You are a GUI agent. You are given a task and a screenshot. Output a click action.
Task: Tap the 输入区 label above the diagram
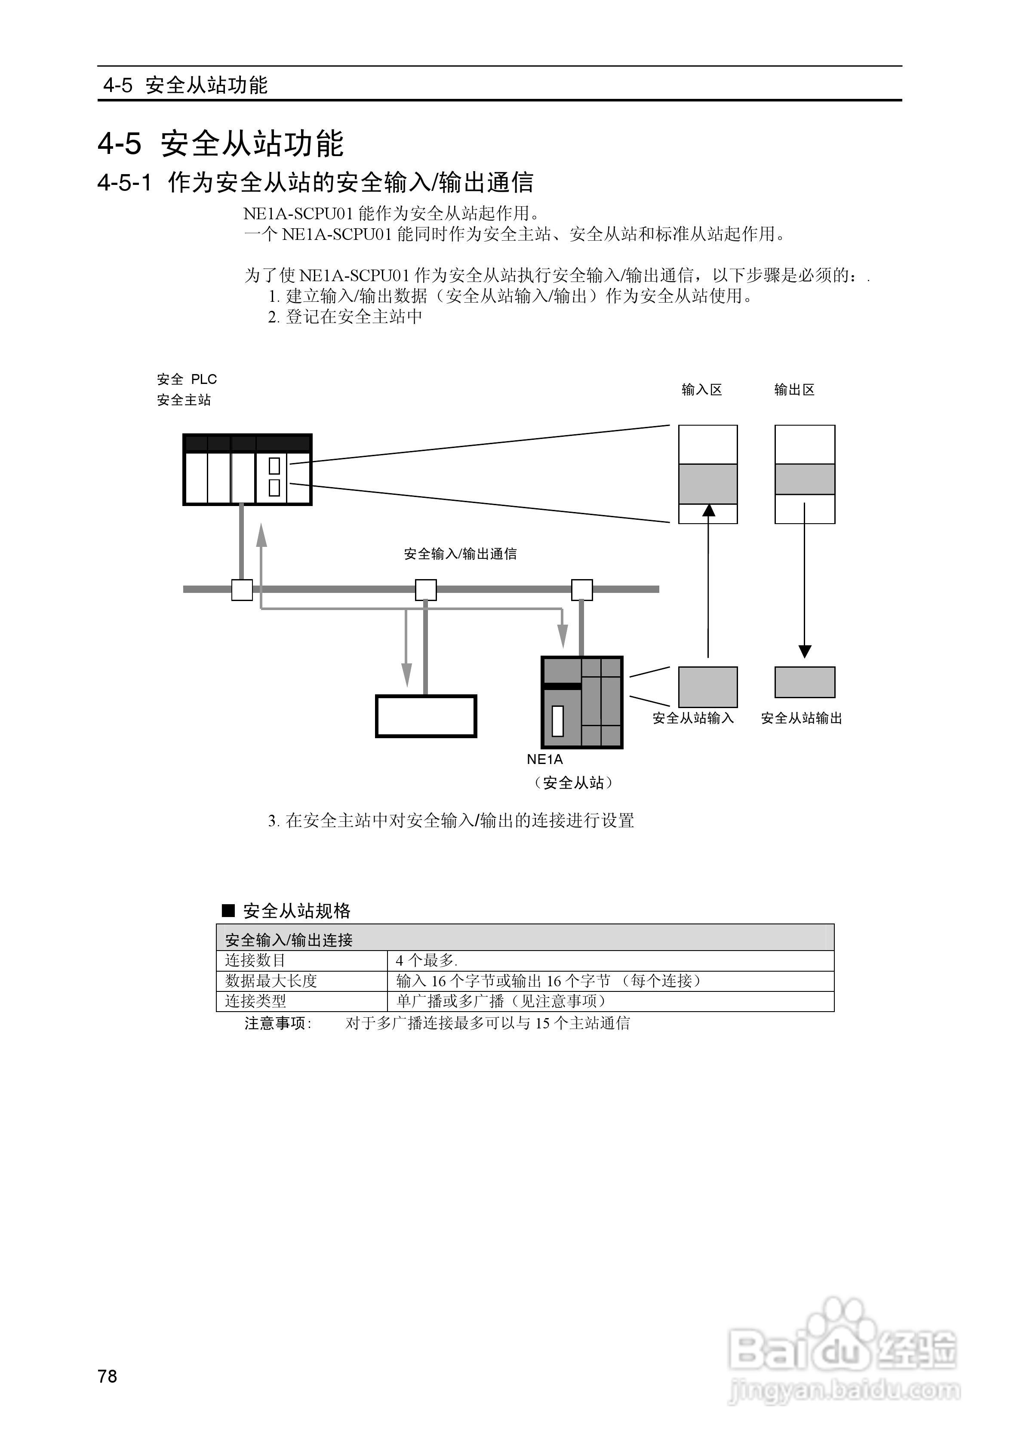pyautogui.click(x=701, y=390)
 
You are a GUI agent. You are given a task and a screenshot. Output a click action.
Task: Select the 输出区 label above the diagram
pyautogui.click(x=794, y=390)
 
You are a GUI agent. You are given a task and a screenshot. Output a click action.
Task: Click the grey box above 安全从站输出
pyautogui.click(x=804, y=682)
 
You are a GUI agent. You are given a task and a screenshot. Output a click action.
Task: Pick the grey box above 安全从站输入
pyautogui.click(x=707, y=687)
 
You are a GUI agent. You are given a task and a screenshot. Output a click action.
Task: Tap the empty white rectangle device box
pyautogui.click(x=426, y=716)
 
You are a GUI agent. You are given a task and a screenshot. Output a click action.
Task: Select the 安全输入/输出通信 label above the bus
pyautogui.click(x=460, y=554)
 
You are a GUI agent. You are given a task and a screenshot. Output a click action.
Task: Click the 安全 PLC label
pyautogui.click(x=187, y=379)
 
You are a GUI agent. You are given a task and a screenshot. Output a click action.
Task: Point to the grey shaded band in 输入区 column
pyautogui.click(x=707, y=484)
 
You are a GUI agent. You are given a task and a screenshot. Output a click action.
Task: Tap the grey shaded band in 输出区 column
pyautogui.click(x=804, y=479)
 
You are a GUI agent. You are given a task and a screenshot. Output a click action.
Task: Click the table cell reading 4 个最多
pyautogui.click(x=427, y=960)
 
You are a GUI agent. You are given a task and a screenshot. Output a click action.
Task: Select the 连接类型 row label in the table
pyautogui.click(x=255, y=1001)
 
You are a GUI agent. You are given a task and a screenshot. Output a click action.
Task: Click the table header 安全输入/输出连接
pyautogui.click(x=289, y=940)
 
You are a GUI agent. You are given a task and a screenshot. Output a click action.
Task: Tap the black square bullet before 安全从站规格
pyautogui.click(x=228, y=911)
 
